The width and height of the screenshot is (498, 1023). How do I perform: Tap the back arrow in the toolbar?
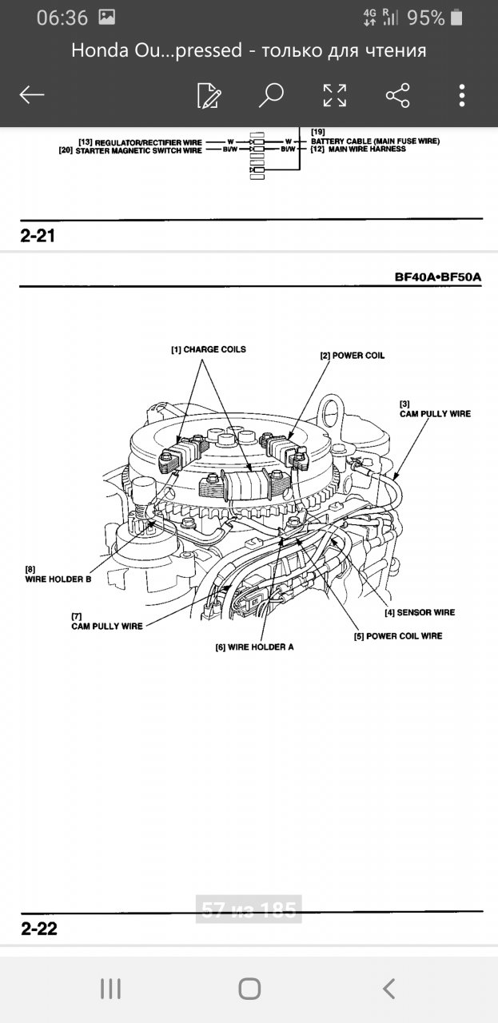click(32, 95)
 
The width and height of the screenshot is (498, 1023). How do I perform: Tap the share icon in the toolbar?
click(397, 95)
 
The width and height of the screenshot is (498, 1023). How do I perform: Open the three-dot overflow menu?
click(462, 95)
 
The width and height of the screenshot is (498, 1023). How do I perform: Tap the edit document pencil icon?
click(209, 95)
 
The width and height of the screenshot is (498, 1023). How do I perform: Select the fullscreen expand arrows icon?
click(334, 95)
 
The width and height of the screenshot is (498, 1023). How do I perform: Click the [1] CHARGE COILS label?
click(208, 350)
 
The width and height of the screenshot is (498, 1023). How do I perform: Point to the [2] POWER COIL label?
click(352, 355)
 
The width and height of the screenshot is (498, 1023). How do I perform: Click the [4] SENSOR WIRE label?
click(420, 612)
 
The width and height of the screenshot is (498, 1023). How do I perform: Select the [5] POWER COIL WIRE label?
click(398, 636)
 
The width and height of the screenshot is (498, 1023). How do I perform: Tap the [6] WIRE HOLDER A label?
click(253, 647)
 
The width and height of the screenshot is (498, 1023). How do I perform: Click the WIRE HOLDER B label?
click(58, 579)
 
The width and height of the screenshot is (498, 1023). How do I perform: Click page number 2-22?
click(38, 929)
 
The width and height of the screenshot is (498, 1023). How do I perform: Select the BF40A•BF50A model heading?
click(438, 277)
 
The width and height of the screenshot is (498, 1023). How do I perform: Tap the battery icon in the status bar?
click(456, 18)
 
